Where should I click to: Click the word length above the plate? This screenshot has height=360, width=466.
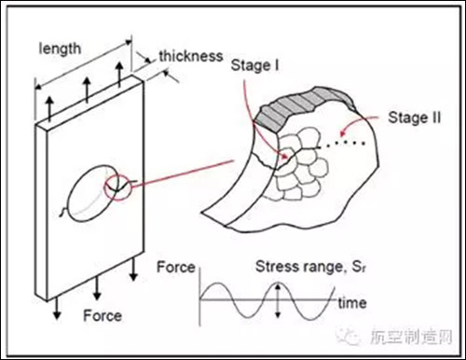coord(60,48)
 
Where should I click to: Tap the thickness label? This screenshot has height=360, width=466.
coord(191,56)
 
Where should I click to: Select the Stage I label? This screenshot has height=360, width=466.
coord(254,65)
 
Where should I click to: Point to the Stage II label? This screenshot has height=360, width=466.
coord(414,118)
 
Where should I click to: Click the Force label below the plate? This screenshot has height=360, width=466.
coord(103,315)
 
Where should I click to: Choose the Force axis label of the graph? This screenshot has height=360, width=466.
coord(176,267)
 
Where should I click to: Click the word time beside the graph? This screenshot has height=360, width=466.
coord(352,303)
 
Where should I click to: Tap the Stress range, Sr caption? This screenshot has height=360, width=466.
coord(311,267)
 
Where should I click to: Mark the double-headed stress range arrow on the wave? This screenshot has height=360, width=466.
coord(278,300)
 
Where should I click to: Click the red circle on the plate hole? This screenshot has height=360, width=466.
coord(104,187)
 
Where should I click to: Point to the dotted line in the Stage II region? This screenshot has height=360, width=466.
coord(342,144)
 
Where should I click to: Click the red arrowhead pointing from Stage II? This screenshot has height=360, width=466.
coord(343,132)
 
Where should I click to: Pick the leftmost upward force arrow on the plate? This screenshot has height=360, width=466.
coord(49,109)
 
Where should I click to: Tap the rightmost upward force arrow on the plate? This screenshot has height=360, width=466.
coord(119,75)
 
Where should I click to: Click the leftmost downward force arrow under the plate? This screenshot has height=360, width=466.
coord(57,309)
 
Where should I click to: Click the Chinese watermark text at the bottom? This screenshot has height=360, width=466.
coord(410,336)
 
